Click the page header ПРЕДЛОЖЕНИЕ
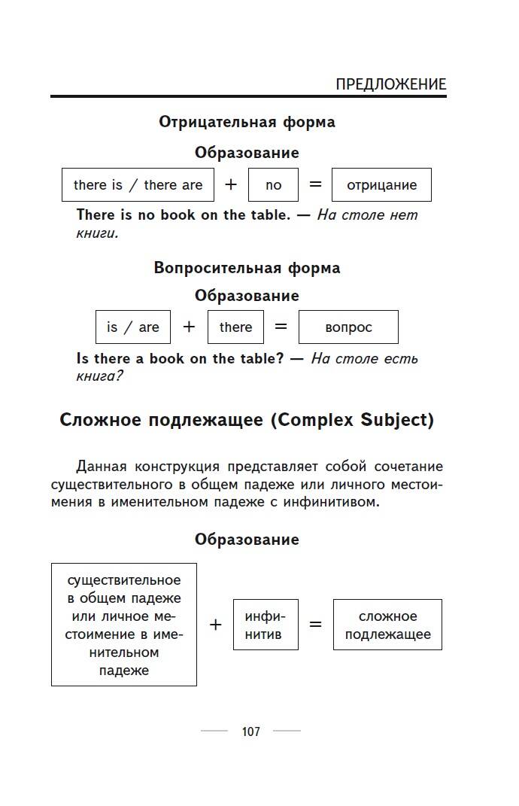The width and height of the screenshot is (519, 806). click(390, 84)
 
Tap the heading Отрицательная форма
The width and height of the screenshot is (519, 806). click(247, 122)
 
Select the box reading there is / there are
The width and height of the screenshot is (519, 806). click(138, 185)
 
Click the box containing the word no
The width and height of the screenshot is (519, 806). click(273, 185)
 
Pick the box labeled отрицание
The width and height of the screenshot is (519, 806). click(381, 185)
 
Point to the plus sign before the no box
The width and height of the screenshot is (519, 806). click(231, 184)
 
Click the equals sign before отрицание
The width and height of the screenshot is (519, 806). click(315, 184)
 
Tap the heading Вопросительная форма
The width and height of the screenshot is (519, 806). click(247, 268)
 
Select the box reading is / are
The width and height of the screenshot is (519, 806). click(133, 327)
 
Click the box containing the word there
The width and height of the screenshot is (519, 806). click(235, 327)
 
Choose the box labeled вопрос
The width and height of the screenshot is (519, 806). click(348, 327)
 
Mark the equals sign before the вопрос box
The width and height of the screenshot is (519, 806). click(281, 327)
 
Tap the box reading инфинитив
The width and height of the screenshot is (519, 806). click(266, 625)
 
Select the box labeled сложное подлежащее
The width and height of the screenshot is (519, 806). click(387, 625)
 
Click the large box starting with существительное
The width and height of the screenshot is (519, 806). click(124, 625)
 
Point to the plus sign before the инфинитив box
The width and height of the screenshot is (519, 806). click(216, 625)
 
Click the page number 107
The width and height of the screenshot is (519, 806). click(250, 731)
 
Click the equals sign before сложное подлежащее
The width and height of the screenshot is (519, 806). click(315, 625)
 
